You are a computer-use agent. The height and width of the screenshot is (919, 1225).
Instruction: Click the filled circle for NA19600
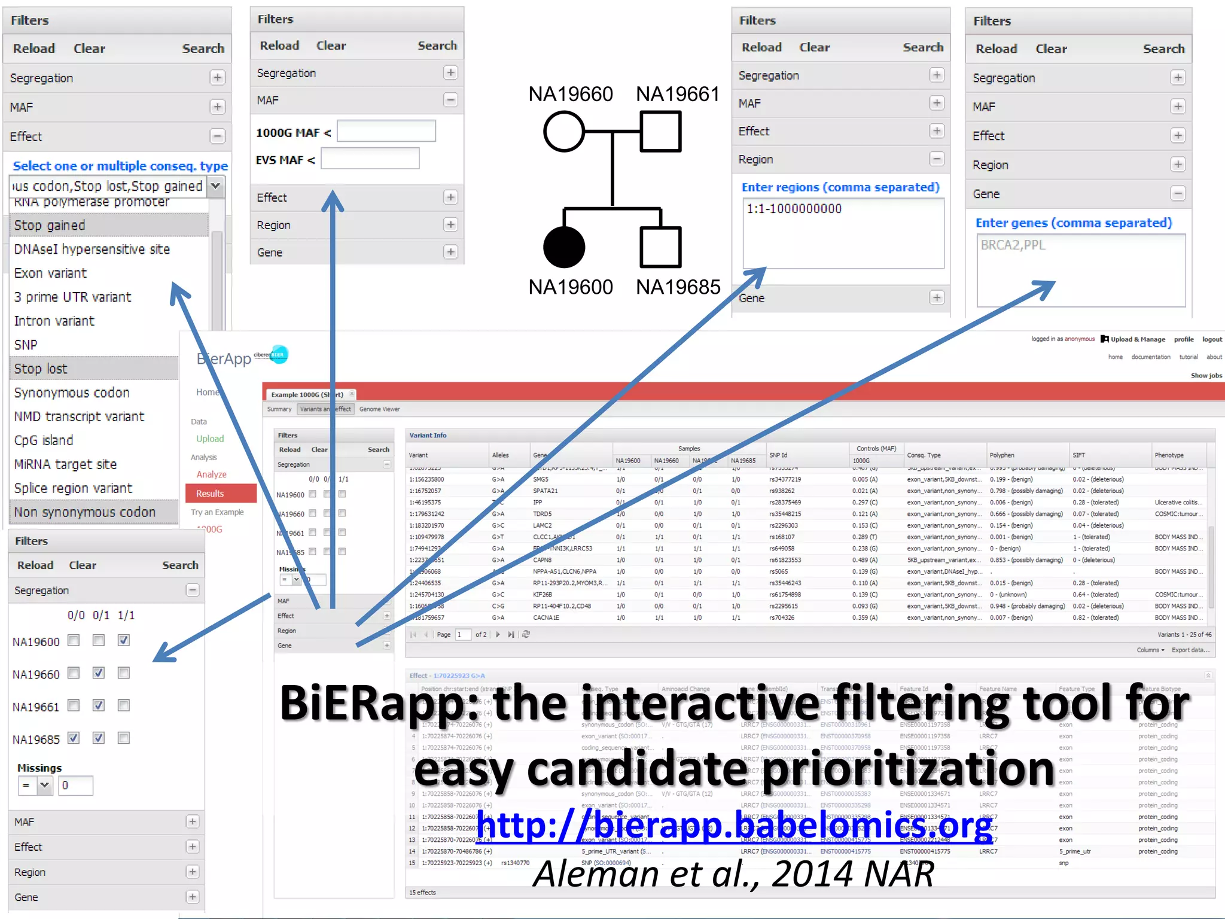coord(563,247)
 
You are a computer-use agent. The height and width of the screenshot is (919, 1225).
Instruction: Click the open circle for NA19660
coord(563,131)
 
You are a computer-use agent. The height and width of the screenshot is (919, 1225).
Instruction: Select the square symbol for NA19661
coord(660,131)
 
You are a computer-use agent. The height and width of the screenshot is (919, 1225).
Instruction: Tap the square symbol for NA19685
coord(660,247)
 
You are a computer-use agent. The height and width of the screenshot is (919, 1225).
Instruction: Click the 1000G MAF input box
coord(386,131)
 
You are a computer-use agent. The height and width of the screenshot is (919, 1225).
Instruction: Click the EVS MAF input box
coord(370,159)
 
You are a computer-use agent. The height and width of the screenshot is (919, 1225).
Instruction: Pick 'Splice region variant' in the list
coord(73,488)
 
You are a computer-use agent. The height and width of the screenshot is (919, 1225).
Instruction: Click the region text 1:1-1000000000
coord(794,209)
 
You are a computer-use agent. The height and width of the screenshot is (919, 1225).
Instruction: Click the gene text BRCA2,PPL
coord(1013,245)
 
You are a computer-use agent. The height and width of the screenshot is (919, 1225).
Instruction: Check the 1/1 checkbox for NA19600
coord(123,640)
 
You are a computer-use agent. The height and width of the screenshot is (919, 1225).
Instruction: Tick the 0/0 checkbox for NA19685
coord(74,738)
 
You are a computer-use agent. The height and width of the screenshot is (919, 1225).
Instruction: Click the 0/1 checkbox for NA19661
coord(99,705)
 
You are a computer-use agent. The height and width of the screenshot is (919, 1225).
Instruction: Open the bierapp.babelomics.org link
coord(735,826)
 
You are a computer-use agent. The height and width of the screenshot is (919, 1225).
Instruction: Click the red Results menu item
coord(211,494)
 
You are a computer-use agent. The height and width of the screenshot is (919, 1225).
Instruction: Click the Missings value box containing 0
coord(75,786)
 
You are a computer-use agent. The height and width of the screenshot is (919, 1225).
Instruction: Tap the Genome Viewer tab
coord(379,409)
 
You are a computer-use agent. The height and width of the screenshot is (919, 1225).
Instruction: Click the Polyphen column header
coord(1002,455)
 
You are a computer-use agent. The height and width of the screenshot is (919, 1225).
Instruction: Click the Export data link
coord(1190,650)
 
